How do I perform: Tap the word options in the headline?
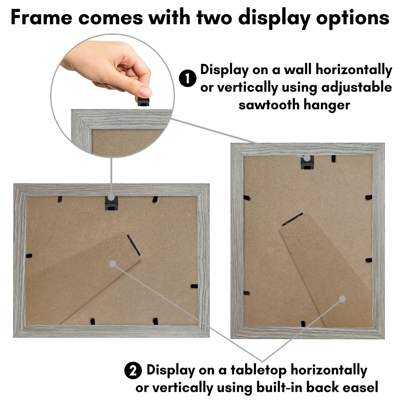tap(353, 18)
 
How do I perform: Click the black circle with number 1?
tap(188, 78)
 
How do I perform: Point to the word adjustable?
tap(356, 87)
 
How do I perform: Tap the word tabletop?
tap(259, 370)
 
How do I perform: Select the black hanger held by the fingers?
tap(143, 101)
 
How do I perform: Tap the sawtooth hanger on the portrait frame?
tap(307, 162)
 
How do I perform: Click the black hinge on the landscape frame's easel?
tap(133, 245)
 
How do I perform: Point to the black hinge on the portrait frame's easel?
tap(293, 219)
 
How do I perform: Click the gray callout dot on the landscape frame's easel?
tap(113, 264)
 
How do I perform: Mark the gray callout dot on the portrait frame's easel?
tap(342, 299)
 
